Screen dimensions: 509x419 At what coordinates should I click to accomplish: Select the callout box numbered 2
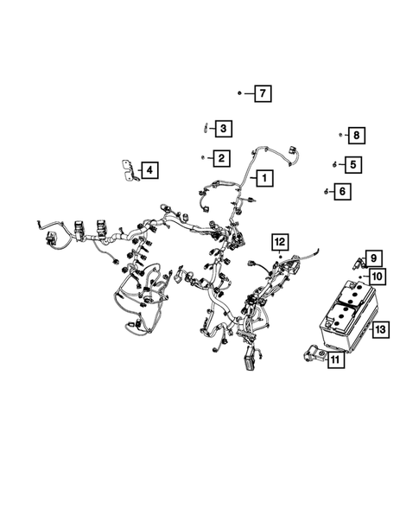(x=221, y=157)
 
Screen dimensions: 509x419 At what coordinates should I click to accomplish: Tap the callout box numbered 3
(x=222, y=130)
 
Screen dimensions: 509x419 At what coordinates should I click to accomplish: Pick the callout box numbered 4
(x=149, y=170)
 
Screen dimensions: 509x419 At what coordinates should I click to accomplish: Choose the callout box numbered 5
(x=352, y=162)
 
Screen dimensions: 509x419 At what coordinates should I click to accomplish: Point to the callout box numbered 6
(x=342, y=191)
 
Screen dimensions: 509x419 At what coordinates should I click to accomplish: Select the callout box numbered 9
(x=374, y=258)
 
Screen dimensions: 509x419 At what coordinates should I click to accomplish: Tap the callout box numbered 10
(x=377, y=277)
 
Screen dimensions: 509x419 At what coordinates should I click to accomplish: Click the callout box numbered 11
(x=334, y=361)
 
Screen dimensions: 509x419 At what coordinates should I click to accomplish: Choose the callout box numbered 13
(x=381, y=328)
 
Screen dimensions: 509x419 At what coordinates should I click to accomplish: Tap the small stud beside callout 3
(x=204, y=128)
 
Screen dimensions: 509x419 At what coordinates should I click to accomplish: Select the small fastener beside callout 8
(x=340, y=135)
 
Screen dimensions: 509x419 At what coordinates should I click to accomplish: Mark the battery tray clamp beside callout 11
(x=311, y=354)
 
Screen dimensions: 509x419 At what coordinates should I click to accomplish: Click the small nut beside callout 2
(x=203, y=157)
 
